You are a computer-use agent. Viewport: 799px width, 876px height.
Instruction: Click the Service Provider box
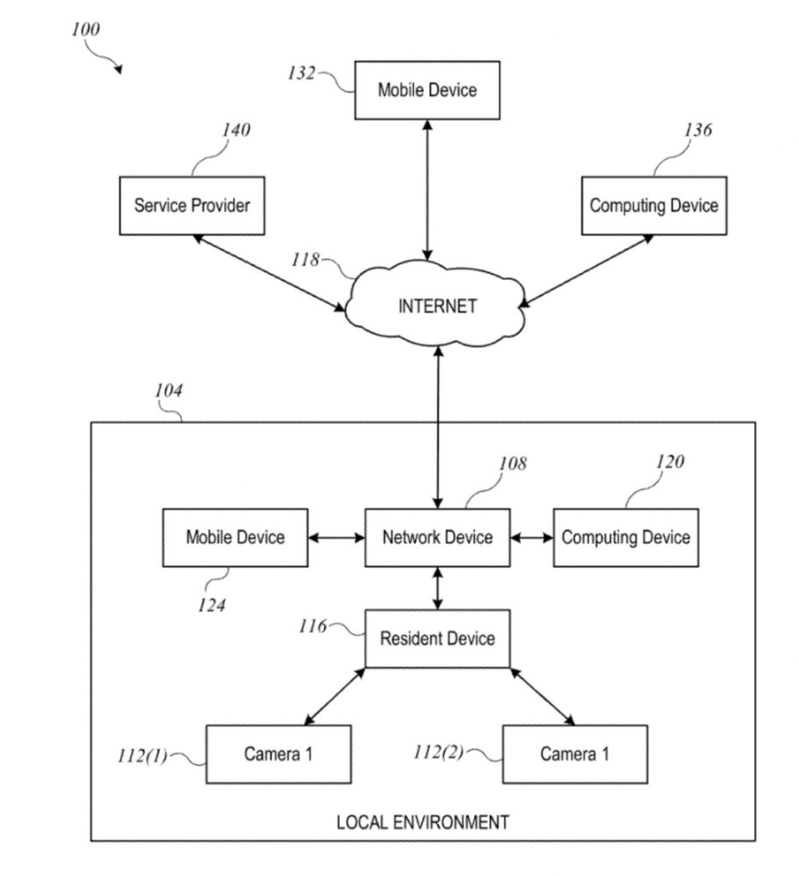(x=192, y=205)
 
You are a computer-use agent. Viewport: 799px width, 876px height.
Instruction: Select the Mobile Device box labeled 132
(x=427, y=90)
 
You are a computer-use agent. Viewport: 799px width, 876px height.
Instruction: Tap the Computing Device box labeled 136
(x=654, y=205)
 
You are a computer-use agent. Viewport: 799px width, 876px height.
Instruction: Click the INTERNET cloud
(x=437, y=306)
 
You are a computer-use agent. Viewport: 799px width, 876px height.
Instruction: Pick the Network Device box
(x=437, y=537)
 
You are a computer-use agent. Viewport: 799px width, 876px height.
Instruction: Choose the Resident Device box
(x=437, y=638)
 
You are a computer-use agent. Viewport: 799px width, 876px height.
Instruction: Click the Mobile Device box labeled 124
(x=235, y=537)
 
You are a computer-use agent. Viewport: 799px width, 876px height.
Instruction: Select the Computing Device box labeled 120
(x=625, y=537)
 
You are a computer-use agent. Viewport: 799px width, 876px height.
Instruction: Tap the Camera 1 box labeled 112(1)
(x=278, y=754)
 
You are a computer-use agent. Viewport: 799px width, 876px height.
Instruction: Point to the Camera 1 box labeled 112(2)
(x=574, y=754)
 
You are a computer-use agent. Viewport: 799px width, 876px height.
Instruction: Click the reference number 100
(x=86, y=29)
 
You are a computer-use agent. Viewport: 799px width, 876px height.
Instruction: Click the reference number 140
(x=236, y=130)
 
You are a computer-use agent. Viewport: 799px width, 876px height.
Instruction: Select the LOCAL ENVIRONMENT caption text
(x=423, y=823)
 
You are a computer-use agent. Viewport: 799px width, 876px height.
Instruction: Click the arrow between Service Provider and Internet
(x=269, y=273)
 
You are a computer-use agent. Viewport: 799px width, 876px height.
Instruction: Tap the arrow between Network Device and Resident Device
(x=438, y=588)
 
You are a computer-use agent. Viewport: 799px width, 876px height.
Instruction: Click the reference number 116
(x=313, y=627)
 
